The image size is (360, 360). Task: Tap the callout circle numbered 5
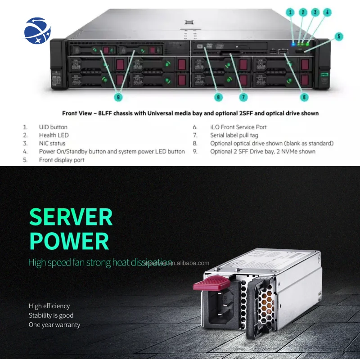click(x=338, y=36)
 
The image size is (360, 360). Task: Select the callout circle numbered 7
click(x=243, y=97)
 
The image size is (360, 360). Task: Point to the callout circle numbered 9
click(x=118, y=97)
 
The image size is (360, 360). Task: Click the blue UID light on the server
click(x=293, y=44)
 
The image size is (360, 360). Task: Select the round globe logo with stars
click(x=38, y=30)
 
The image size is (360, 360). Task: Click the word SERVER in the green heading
click(x=71, y=218)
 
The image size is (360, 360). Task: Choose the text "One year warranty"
click(x=54, y=325)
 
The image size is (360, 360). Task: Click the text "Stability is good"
click(x=51, y=315)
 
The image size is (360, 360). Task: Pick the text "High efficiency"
click(x=49, y=306)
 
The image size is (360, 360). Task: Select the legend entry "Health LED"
click(x=54, y=135)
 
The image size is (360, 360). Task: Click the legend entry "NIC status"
click(x=52, y=144)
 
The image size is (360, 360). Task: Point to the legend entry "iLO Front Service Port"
click(x=238, y=127)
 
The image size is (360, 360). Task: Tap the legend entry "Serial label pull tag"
click(x=237, y=135)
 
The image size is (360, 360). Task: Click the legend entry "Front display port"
click(x=61, y=160)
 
